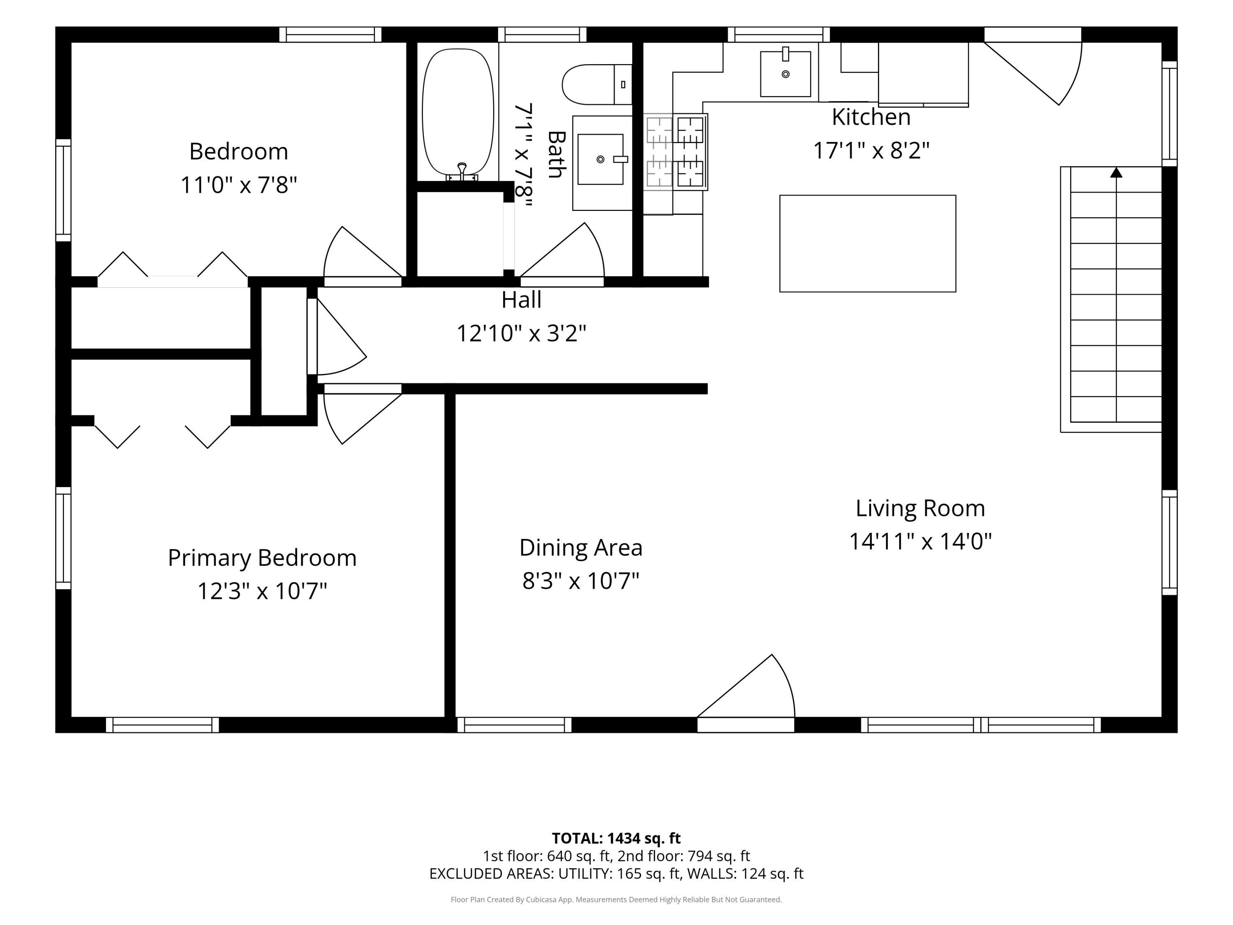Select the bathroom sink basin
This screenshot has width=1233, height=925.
[600, 159]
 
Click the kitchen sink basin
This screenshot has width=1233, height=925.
[785, 74]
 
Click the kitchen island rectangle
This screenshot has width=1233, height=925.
[867, 244]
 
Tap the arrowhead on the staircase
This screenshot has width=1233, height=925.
[1116, 172]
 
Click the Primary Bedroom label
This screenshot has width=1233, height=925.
[262, 557]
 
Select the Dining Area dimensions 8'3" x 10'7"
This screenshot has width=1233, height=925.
[580, 581]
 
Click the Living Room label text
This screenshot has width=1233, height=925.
[920, 508]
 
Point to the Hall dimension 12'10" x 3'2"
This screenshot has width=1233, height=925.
[521, 333]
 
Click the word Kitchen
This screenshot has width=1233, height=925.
[870, 117]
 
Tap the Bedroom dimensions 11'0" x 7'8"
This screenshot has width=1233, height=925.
[238, 185]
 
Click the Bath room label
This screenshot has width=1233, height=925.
[556, 155]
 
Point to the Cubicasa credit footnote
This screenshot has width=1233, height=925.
[616, 900]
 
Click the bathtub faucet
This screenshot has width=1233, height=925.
[462, 171]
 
